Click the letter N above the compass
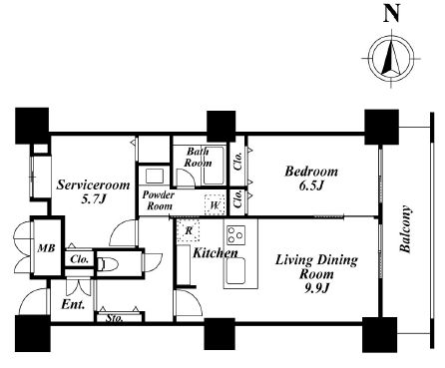pyautogui.click(x=391, y=14)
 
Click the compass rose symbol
pyautogui.click(x=391, y=59)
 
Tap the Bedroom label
pyautogui.click(x=311, y=172)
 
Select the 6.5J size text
pyautogui.click(x=311, y=185)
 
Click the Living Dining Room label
pyautogui.click(x=316, y=267)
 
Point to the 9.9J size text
pyautogui.click(x=316, y=288)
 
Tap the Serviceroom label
pyautogui.click(x=93, y=184)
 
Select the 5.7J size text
pyautogui.click(x=94, y=198)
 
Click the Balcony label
pyautogui.click(x=405, y=229)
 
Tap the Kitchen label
pyautogui.click(x=216, y=253)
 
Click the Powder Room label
pyautogui.click(x=159, y=200)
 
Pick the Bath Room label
pyautogui.click(x=198, y=157)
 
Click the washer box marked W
pyautogui.click(x=215, y=204)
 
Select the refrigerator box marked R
pyautogui.click(x=189, y=230)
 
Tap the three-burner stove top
pyautogui.click(x=236, y=235)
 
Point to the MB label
pyautogui.click(x=46, y=248)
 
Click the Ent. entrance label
pyautogui.click(x=73, y=304)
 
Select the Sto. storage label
pyautogui.click(x=115, y=318)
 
